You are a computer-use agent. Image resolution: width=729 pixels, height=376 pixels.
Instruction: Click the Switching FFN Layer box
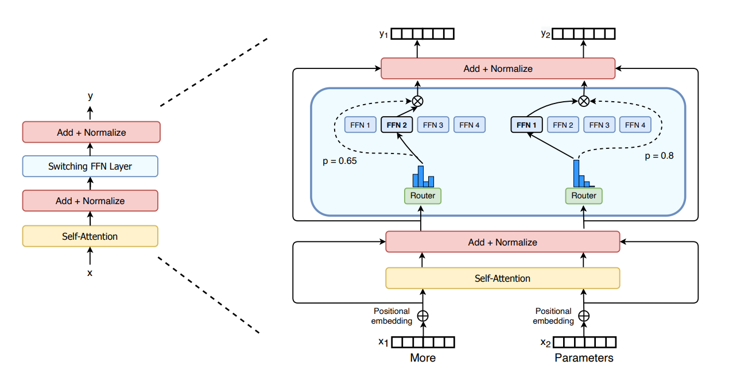[x=90, y=167]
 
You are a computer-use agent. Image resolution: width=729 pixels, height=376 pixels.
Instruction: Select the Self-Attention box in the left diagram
[x=90, y=236]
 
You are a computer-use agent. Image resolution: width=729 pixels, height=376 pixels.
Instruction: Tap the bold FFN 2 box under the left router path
[x=397, y=125]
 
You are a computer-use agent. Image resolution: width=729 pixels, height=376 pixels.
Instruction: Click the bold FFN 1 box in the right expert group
[x=526, y=125]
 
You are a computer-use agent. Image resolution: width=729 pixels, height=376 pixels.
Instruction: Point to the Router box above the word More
[x=423, y=196]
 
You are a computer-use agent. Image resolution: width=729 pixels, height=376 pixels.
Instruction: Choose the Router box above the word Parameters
[x=584, y=196]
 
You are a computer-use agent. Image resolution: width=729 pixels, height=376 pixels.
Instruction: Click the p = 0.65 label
[x=339, y=161]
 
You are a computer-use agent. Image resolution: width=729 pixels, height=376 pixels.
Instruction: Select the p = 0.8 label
[x=659, y=155]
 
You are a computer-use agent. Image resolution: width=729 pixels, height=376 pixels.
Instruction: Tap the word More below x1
[x=423, y=358]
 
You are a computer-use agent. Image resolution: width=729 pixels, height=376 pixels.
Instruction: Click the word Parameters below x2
[x=584, y=358]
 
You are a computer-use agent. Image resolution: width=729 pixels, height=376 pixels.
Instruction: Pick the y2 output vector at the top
[x=585, y=34]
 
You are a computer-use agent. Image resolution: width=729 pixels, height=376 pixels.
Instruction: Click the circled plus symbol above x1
[x=423, y=316]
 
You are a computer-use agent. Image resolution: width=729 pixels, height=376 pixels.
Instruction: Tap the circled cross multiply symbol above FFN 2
[x=417, y=101]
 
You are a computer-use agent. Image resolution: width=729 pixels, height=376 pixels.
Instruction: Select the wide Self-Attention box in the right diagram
[x=502, y=278]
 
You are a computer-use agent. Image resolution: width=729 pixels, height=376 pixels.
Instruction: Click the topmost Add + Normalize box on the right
[x=498, y=69]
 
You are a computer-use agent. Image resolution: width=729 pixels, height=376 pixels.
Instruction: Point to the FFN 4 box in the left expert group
[x=470, y=125]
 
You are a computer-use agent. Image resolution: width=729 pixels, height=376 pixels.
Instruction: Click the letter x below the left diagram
[x=90, y=273]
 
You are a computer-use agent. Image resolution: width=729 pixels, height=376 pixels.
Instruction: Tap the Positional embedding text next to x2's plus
[x=554, y=316]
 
